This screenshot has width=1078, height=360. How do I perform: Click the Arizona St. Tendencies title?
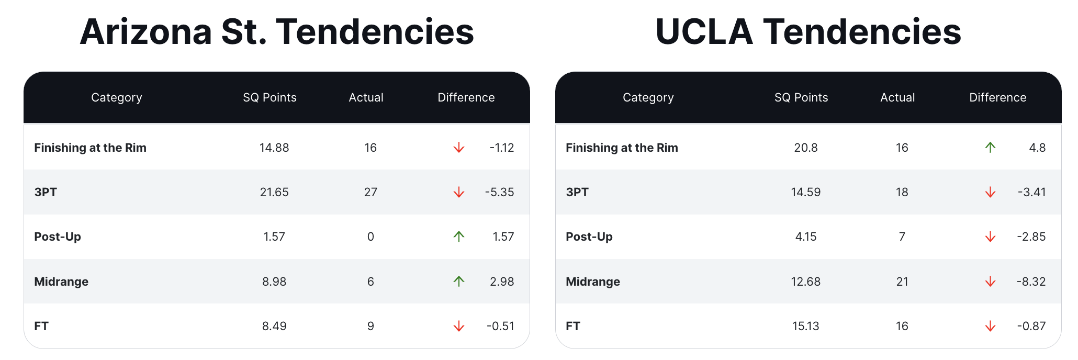pos(277,31)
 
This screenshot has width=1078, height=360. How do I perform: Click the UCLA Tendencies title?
pos(808,31)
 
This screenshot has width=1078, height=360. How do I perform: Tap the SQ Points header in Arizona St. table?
pos(269,97)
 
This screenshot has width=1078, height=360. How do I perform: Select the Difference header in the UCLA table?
pos(998,97)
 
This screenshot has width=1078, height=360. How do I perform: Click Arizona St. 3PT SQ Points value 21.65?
pos(274,192)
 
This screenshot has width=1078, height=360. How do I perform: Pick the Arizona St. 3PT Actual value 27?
pos(370,192)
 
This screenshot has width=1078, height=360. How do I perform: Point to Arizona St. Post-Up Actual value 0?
pos(370,237)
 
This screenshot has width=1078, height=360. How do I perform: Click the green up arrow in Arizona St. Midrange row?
pos(459,282)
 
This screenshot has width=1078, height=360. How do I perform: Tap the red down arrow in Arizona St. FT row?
pos(459,326)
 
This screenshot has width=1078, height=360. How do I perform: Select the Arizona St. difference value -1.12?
pos(502,148)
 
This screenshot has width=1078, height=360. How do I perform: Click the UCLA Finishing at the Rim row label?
pos(622,148)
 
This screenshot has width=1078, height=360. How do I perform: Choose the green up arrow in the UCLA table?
pos(990,148)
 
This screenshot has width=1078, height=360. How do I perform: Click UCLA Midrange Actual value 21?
pos(902,282)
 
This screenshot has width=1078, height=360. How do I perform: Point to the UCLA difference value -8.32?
pos(1031,282)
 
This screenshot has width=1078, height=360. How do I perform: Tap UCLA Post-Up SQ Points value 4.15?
pos(806,237)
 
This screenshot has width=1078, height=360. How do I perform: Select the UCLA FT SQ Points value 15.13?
pos(806,326)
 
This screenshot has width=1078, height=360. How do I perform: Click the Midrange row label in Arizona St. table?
pos(61,282)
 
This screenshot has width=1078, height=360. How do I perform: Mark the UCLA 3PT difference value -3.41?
pos(1032,192)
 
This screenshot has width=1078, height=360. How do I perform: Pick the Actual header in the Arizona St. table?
pos(366,97)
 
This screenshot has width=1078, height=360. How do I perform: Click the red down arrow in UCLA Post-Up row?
pos(990,237)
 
